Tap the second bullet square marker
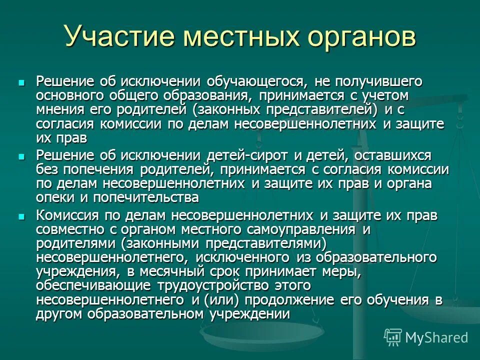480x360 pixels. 21,156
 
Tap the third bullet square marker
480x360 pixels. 21,216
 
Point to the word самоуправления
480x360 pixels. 299,230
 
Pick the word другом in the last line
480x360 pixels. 59,314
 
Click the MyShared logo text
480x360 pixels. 436,337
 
